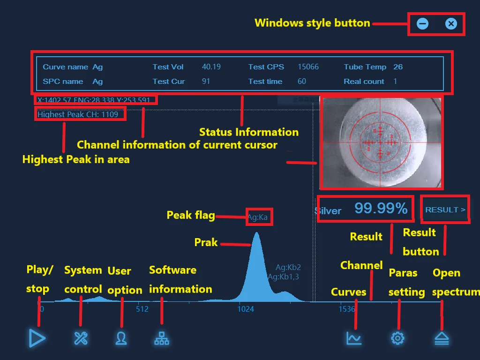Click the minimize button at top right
tap(422, 23)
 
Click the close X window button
tap(451, 23)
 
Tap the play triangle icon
tap(37, 338)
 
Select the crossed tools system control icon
tap(81, 338)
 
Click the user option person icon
tap(121, 338)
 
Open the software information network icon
tap(162, 338)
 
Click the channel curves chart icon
tap(354, 338)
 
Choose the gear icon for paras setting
tap(397, 338)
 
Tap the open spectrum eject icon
tap(442, 338)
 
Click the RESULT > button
tap(445, 210)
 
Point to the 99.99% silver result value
tap(381, 209)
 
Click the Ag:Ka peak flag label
tap(258, 217)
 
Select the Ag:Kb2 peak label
tap(288, 268)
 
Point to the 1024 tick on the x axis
tap(246, 309)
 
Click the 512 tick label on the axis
tap(142, 309)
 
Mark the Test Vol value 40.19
tap(211, 67)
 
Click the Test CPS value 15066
tap(308, 67)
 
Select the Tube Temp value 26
tap(398, 67)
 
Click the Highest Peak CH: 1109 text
tap(78, 114)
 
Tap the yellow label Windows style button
tap(312, 23)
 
